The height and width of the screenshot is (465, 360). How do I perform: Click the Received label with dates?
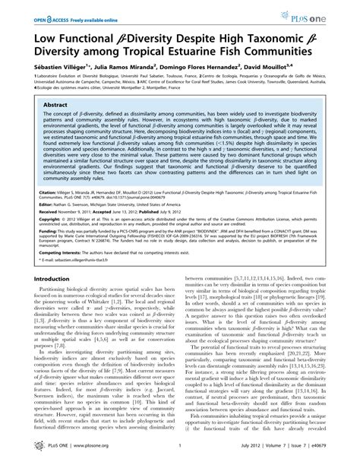point(37,214)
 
